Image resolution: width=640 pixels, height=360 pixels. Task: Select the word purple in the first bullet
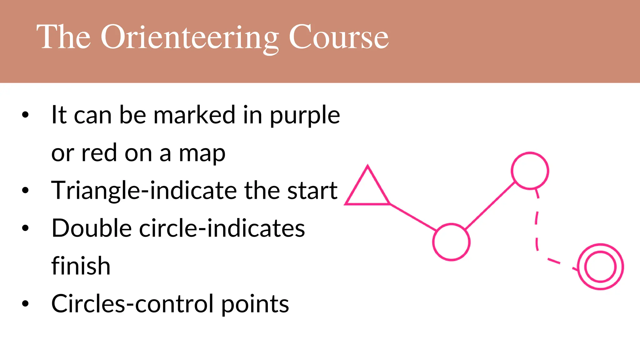pos(305,116)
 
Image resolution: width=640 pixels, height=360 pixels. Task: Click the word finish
pos(81,266)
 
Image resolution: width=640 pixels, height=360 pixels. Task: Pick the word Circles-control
pos(132,304)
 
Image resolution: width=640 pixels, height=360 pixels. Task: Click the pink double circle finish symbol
pos(600,267)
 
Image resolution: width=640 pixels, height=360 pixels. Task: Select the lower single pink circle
pos(451,242)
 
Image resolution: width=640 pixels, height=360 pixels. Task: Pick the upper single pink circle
pos(530,171)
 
